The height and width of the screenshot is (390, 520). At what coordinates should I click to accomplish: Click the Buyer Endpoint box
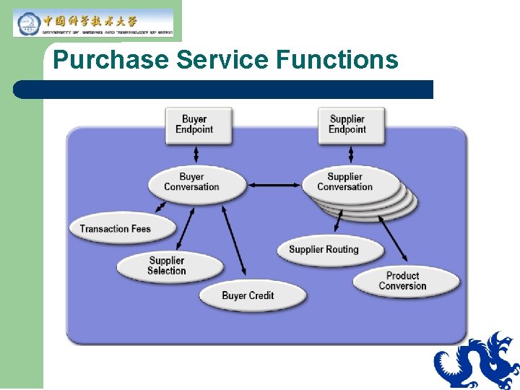(194, 124)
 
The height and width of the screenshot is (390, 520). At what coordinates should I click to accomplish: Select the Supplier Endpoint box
(347, 124)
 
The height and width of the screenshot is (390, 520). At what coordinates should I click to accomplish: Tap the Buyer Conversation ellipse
(191, 182)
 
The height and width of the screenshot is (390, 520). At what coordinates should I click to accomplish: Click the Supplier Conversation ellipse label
(344, 181)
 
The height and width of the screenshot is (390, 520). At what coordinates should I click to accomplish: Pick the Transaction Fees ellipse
(116, 229)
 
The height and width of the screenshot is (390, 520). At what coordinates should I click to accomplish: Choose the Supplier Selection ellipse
(167, 266)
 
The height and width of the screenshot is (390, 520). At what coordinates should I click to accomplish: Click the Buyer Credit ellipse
(248, 295)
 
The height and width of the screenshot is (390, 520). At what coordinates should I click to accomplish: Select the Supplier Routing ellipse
(324, 250)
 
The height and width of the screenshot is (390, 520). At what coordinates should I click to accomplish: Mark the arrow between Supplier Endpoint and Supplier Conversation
(350, 154)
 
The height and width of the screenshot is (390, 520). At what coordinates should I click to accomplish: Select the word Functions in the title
(337, 60)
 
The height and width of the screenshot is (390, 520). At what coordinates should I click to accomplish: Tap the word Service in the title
(222, 60)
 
